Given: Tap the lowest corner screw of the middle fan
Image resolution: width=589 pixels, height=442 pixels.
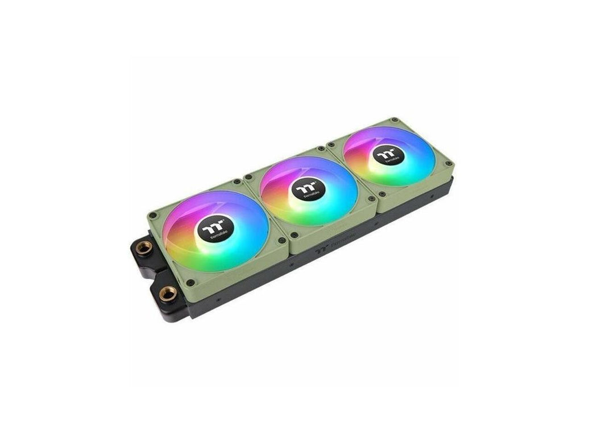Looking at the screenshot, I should pos(293,234).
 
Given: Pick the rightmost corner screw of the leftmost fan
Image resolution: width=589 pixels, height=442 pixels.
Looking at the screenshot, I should pos(280,239).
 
